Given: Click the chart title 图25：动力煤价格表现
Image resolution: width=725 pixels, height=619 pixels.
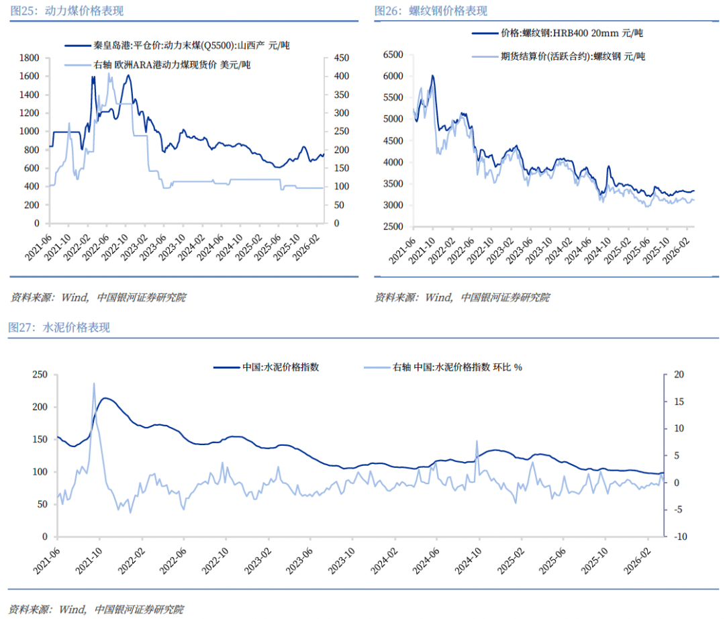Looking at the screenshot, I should click(66, 11).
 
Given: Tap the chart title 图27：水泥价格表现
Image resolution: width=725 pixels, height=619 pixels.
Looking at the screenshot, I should click(59, 328).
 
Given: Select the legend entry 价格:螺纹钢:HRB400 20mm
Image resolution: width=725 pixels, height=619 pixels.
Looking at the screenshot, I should click(557, 33).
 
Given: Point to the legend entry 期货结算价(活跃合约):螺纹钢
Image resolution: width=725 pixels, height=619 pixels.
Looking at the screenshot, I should click(557, 56).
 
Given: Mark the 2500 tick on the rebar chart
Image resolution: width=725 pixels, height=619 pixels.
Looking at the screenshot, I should click(393, 227).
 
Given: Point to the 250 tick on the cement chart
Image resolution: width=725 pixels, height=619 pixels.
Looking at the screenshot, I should click(39, 375).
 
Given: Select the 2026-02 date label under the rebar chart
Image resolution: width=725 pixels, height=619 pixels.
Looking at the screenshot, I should click(679, 250).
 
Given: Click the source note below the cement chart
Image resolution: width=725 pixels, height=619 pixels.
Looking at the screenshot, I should click(96, 610).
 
